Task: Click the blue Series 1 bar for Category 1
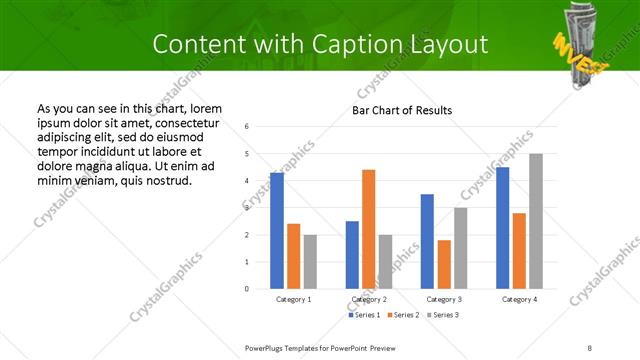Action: tap(277, 230)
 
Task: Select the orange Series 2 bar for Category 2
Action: tap(368, 229)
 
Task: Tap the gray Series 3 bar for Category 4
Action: tap(536, 221)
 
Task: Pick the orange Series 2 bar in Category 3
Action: tap(444, 264)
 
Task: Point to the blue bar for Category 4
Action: tap(502, 228)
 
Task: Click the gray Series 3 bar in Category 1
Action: tap(310, 262)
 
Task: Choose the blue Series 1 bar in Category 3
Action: tap(427, 241)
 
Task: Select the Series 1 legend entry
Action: tap(363, 315)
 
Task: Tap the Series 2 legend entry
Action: tap(402, 315)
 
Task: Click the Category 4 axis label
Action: tap(519, 299)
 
